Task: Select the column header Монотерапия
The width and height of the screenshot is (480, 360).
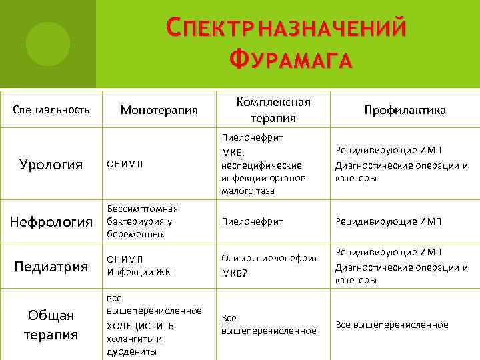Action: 159,110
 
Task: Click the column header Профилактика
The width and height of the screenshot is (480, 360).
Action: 405,110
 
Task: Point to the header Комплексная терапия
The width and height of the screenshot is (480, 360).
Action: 273,110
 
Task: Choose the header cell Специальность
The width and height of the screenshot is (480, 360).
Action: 51,110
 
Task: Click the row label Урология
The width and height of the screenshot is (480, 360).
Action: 51,165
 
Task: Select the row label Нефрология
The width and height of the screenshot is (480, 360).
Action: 51,221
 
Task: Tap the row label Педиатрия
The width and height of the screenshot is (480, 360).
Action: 51,267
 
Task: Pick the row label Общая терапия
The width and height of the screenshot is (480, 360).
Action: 51,324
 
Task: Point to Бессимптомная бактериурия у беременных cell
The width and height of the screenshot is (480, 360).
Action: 142,221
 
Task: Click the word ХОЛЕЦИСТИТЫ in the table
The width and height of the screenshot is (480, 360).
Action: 141,325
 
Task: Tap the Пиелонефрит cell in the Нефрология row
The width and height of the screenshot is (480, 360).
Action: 252,221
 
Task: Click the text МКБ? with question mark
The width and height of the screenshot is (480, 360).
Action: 234,273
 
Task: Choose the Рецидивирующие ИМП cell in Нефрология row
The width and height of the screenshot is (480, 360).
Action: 388,221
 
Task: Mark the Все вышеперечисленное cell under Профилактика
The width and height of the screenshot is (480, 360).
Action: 392,325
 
